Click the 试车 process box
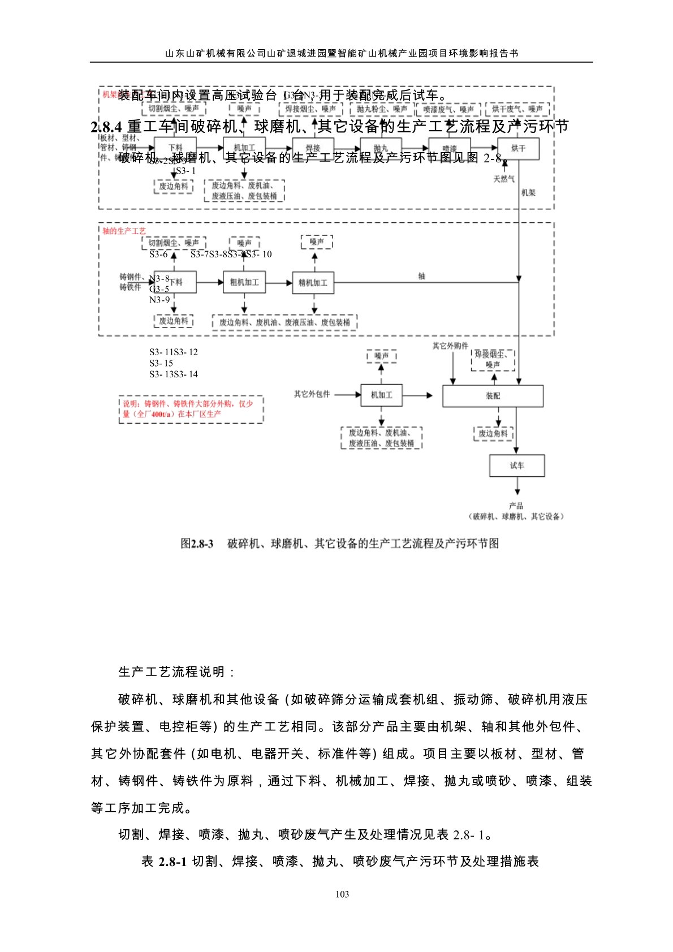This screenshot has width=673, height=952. (517, 466)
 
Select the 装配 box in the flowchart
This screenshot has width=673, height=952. (493, 396)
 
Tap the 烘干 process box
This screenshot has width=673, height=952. (518, 149)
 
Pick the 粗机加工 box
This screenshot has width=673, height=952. (244, 282)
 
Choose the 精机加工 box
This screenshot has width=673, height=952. (313, 283)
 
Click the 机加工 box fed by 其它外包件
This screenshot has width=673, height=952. (381, 395)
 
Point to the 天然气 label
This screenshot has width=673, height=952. (504, 179)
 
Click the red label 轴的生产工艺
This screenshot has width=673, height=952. (124, 231)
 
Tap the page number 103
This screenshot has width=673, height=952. (342, 894)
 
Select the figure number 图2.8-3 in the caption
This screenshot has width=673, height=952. (197, 544)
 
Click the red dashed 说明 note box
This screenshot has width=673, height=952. (191, 409)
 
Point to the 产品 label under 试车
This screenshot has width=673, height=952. (516, 506)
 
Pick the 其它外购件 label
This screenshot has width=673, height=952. (450, 346)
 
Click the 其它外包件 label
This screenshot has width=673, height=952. (312, 394)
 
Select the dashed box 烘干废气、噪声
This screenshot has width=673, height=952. (517, 109)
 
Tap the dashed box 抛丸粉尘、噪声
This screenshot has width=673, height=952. (382, 109)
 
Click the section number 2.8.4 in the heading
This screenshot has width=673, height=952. (106, 127)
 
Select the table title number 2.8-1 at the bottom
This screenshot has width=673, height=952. (172, 861)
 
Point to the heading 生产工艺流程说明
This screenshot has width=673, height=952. (176, 672)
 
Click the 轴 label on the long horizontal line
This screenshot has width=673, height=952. (422, 276)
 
